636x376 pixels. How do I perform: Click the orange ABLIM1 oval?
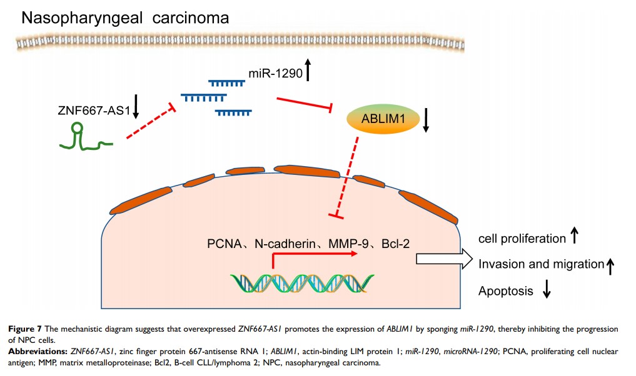point(381,120)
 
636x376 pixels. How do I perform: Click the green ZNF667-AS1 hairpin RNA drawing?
point(84,139)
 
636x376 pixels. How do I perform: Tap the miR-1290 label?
point(275,74)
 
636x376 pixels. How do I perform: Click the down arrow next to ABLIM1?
point(426,120)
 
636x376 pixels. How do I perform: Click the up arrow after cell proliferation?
point(575,237)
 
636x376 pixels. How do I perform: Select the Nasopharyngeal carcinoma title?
point(125,17)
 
